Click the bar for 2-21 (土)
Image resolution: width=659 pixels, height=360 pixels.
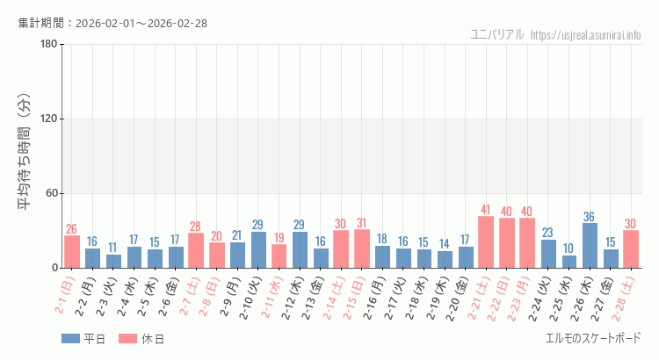click(x=486, y=242)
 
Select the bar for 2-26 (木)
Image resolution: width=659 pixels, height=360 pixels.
click(x=590, y=246)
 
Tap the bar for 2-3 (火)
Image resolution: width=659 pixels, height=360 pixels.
click(x=113, y=261)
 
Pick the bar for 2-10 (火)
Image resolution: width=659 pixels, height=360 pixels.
click(x=259, y=250)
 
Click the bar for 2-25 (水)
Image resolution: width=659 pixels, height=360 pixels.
click(x=569, y=262)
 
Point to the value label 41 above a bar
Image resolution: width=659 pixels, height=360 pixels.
click(x=486, y=210)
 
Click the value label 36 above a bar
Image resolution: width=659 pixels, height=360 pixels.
click(x=590, y=217)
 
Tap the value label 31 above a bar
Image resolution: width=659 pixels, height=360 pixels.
click(x=362, y=223)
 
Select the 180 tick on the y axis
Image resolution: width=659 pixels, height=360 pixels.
click(x=48, y=45)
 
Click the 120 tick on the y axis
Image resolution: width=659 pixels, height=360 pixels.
click(x=48, y=119)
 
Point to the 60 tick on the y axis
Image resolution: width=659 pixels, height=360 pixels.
click(x=51, y=193)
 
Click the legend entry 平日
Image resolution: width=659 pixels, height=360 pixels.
click(x=84, y=339)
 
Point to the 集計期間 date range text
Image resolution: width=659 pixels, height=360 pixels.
click(x=112, y=23)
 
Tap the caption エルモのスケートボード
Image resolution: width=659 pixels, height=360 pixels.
click(x=593, y=338)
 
